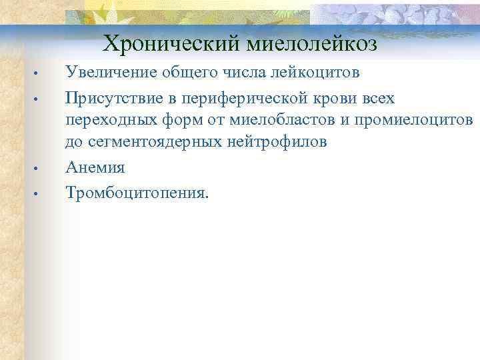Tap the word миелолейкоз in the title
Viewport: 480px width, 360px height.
point(312,44)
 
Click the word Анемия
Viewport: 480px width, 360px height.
point(95,168)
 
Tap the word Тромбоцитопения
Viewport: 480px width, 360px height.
point(137,193)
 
